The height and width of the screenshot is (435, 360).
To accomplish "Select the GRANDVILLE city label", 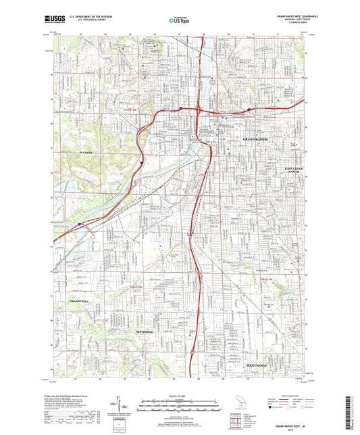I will tap(78, 300).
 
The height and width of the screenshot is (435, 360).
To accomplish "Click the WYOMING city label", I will tap(145, 332).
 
